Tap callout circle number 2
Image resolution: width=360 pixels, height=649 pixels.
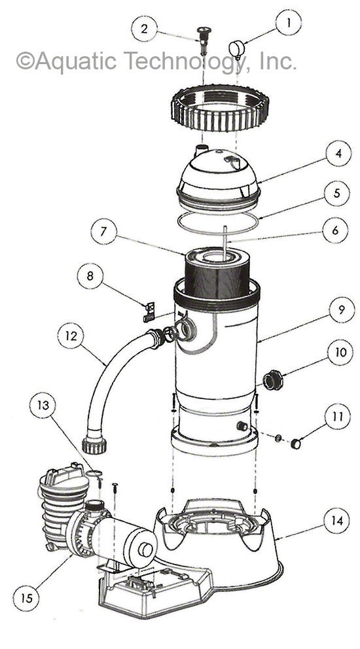(146, 29)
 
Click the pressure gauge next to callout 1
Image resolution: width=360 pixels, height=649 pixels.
(237, 48)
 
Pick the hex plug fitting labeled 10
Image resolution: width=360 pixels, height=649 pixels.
(272, 379)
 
